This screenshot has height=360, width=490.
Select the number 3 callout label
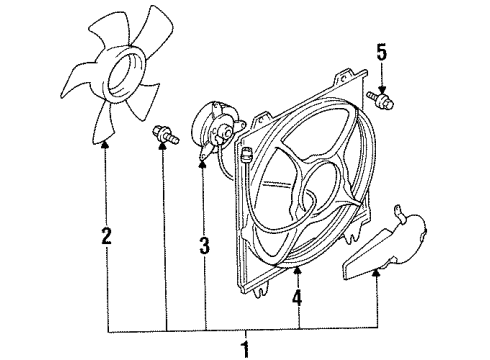(x=204, y=243)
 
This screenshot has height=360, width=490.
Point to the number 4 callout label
(x=297, y=296)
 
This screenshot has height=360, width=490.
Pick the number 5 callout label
(x=379, y=50)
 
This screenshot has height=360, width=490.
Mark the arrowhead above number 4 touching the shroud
(x=297, y=269)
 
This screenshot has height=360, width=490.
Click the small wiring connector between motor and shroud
(x=245, y=154)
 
